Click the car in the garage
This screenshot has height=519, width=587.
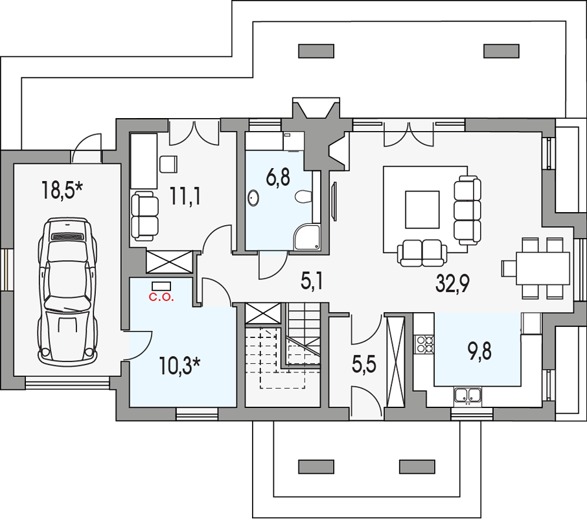pyautogui.click(x=68, y=292)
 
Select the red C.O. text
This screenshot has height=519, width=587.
pyautogui.click(x=161, y=298)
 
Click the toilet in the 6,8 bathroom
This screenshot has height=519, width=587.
pyautogui.click(x=303, y=197)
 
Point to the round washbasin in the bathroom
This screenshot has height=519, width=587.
pyautogui.click(x=253, y=198)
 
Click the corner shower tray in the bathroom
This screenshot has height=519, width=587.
pyautogui.click(x=306, y=237)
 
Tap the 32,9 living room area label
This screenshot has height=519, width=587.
pyautogui.click(x=452, y=283)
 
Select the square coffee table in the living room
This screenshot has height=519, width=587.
pyautogui.click(x=422, y=210)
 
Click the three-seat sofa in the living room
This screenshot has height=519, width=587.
pyautogui.click(x=468, y=210)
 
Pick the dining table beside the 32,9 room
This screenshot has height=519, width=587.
pyautogui.click(x=543, y=269)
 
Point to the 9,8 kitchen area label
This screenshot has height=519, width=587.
pyautogui.click(x=479, y=352)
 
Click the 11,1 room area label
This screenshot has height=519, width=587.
pyautogui.click(x=185, y=196)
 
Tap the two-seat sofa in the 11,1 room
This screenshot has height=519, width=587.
pyautogui.click(x=144, y=216)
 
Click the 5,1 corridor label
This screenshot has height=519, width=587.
pyautogui.click(x=312, y=281)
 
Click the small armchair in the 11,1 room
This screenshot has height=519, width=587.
pyautogui.click(x=168, y=165)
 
